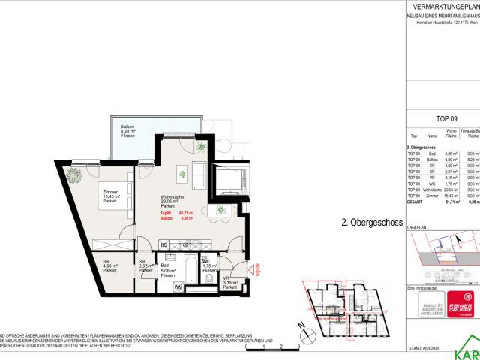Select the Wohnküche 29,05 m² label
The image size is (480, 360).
(174, 201)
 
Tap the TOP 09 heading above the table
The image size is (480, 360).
(446, 118)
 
